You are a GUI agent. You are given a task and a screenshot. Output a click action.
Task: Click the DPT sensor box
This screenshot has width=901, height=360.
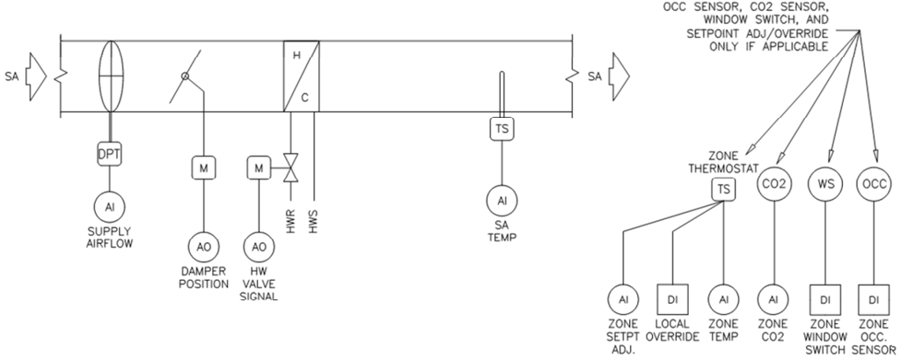pos(109,155)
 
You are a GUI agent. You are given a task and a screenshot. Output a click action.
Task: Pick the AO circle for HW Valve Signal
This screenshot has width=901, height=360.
pos(259,247)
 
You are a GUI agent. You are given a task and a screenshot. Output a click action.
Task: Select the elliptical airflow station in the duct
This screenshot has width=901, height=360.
pos(109,75)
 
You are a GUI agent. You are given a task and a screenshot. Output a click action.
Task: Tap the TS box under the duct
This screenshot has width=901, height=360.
pos(502,129)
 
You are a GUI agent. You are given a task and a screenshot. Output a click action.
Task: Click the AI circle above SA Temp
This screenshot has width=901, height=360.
pos(502,201)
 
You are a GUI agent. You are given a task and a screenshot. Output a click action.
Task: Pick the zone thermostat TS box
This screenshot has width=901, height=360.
pos(723,190)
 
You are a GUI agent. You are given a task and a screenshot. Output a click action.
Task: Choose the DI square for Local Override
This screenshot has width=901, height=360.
pos(672,298)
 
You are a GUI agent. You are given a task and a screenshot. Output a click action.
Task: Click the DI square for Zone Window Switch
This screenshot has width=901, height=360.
pos(825,298)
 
